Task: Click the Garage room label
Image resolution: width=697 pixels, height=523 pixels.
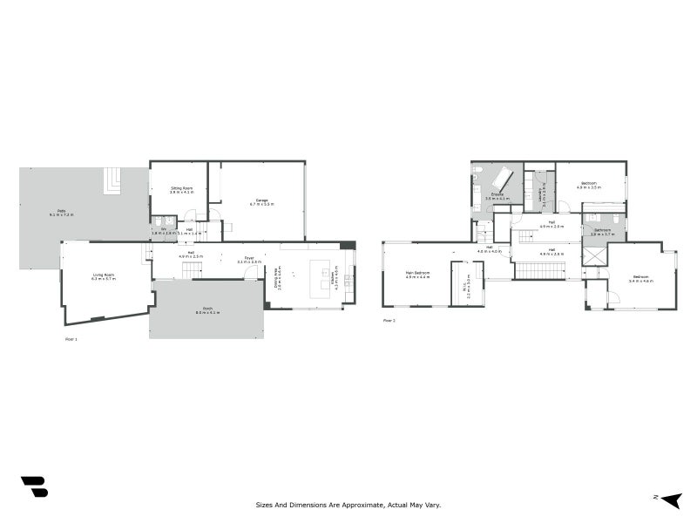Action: point(262,201)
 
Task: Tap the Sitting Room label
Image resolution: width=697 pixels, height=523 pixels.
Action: point(181,189)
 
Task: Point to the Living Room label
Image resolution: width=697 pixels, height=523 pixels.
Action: point(104,277)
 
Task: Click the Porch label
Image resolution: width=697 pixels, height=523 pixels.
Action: point(207,310)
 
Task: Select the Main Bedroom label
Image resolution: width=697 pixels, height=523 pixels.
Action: point(418,275)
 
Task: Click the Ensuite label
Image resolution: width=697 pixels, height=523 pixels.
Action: point(496,196)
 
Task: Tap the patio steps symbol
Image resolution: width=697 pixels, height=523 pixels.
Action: point(113,180)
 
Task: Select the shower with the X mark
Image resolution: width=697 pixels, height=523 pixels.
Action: point(594,258)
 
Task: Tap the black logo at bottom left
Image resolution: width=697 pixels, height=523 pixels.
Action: point(34,486)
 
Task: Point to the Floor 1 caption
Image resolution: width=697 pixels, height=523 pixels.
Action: point(71,338)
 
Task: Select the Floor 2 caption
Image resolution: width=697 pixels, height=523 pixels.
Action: point(389,321)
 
